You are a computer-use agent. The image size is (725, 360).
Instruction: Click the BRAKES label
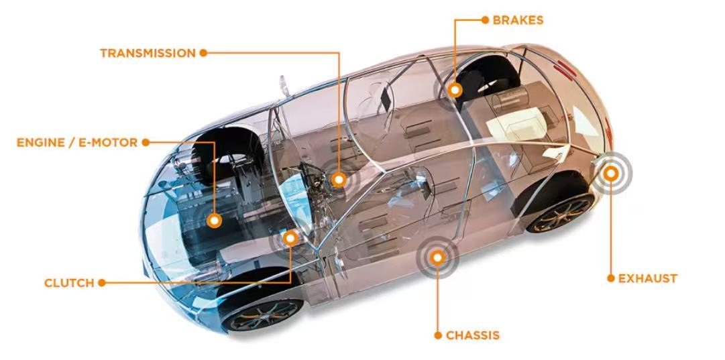tap(518, 20)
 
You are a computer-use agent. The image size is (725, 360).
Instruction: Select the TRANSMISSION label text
tap(148, 53)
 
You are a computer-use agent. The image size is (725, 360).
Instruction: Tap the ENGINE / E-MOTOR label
tap(76, 143)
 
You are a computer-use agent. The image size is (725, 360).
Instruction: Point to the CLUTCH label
tap(69, 283)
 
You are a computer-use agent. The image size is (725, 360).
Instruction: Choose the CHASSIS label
tap(473, 335)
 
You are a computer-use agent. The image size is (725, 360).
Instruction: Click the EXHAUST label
tap(647, 278)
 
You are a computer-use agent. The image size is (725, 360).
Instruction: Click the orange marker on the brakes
tap(455, 89)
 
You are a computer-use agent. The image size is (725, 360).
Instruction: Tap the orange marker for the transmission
tap(339, 179)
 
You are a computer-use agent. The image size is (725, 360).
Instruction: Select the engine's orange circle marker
tap(215, 220)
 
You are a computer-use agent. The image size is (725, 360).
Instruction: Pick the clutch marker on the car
tap(290, 237)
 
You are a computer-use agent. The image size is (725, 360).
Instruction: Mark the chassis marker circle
tap(437, 255)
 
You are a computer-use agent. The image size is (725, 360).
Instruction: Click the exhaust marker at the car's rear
tap(610, 173)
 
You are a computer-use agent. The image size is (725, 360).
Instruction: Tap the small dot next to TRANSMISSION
tap(203, 52)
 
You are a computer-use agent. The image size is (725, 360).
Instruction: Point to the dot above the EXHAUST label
tap(610, 278)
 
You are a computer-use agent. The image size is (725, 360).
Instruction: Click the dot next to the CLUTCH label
tap(102, 283)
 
